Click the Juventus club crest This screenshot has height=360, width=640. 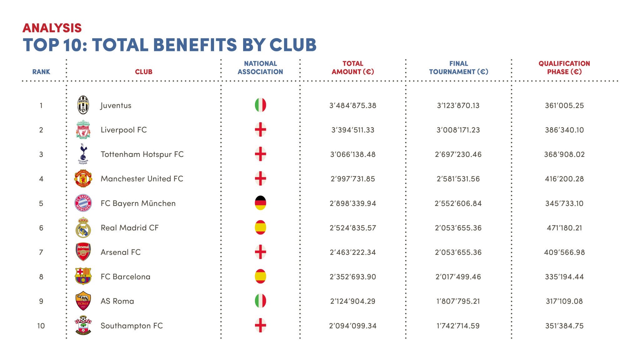(x=83, y=105)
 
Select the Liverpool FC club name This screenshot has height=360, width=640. (x=123, y=130)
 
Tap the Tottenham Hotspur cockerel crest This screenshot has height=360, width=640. (x=83, y=154)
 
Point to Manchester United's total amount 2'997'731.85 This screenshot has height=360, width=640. (x=352, y=179)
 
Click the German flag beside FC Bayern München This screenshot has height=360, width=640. (x=260, y=203)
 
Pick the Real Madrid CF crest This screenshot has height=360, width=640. (x=83, y=227)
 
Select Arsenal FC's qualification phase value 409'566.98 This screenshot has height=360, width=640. (x=564, y=252)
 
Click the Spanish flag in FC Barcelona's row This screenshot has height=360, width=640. (x=260, y=277)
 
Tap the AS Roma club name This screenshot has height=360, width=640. (x=117, y=301)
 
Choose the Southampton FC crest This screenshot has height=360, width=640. (x=83, y=325)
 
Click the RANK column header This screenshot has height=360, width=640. (x=41, y=72)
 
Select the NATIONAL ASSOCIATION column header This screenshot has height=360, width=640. (x=260, y=67)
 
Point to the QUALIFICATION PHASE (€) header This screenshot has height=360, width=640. (x=564, y=67)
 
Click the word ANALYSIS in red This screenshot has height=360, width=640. (x=52, y=28)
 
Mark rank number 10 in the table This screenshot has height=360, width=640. (x=41, y=326)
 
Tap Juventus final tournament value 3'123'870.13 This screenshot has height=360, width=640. (x=458, y=106)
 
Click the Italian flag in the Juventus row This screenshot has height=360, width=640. (x=260, y=105)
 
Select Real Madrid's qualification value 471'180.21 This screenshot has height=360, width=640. (x=564, y=228)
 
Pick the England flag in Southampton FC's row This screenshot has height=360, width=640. (x=260, y=325)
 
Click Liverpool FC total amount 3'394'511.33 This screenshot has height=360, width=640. (x=352, y=130)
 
